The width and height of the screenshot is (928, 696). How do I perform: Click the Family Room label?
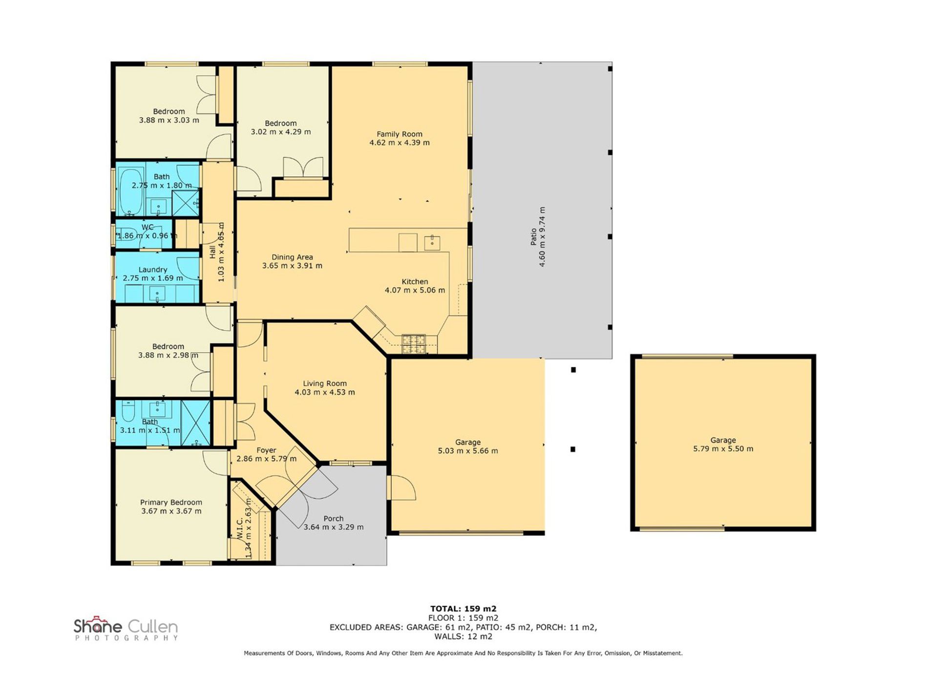pyautogui.click(x=399, y=134)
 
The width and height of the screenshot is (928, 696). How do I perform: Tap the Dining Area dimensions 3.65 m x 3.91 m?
pyautogui.click(x=292, y=266)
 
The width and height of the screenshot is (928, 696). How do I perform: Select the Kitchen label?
pyautogui.click(x=415, y=281)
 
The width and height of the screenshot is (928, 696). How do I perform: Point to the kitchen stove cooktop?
pyautogui.click(x=413, y=343)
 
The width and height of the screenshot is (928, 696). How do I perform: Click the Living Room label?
pyautogui.click(x=325, y=383)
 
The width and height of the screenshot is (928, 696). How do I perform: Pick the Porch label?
pyautogui.click(x=334, y=518)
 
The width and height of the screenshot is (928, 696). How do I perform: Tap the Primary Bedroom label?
pyautogui.click(x=171, y=502)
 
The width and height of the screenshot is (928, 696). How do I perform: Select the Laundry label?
pyautogui.click(x=153, y=270)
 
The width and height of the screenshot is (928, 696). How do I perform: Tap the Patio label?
pyautogui.click(x=533, y=237)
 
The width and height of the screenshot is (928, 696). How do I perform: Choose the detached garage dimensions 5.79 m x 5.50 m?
pyautogui.click(x=723, y=449)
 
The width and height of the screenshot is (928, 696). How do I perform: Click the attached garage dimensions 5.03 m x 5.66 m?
pyautogui.click(x=468, y=451)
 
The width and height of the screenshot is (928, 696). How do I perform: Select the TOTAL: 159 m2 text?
pyautogui.click(x=463, y=609)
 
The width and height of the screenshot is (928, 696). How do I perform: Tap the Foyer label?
pyautogui.click(x=266, y=450)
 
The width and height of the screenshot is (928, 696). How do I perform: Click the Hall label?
pyautogui.click(x=212, y=252)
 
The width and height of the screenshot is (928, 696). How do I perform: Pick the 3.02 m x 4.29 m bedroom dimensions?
pyautogui.click(x=281, y=132)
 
